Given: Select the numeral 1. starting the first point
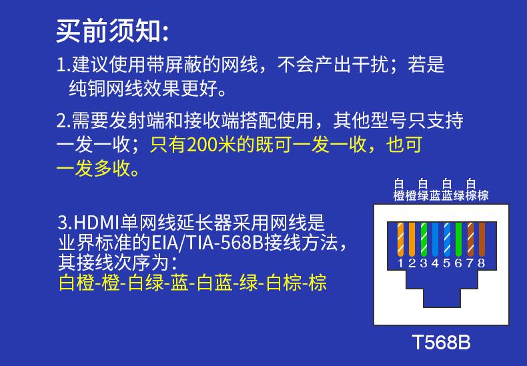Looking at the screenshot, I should point(63,65).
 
